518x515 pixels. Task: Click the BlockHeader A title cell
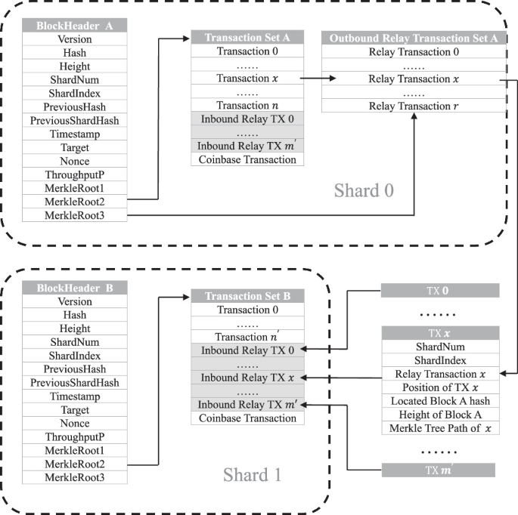click(75, 25)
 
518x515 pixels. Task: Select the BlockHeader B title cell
click(75, 287)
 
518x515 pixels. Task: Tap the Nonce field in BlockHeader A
click(75, 161)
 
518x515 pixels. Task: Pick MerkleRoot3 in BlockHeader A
click(75, 216)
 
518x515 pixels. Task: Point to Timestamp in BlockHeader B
click(75, 396)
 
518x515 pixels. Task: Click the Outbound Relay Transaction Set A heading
click(413, 37)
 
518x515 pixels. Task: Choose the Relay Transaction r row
click(413, 106)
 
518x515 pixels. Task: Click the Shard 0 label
click(365, 190)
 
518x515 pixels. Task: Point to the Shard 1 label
click(253, 475)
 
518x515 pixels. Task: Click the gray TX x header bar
click(439, 332)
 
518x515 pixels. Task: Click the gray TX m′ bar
click(439, 470)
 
